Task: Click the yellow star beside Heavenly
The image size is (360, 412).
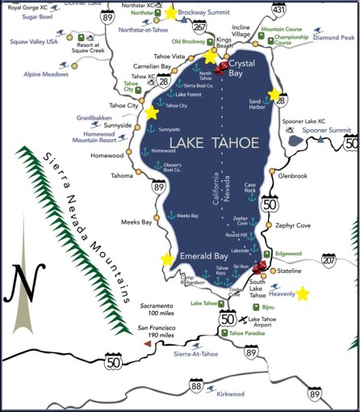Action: click(x=303, y=293)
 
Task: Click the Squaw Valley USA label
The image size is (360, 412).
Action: click(x=30, y=40)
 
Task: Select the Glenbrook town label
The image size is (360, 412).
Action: click(x=293, y=174)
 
